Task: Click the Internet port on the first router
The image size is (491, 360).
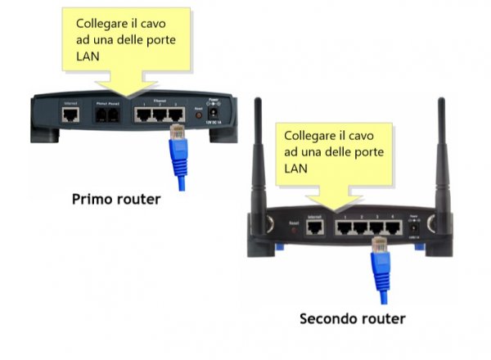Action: point(70,116)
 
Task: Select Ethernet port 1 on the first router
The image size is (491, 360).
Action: point(145,116)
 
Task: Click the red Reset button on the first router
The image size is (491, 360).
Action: point(198,117)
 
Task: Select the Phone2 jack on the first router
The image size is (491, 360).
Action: point(115,116)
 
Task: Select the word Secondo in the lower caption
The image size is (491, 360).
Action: point(327,318)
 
